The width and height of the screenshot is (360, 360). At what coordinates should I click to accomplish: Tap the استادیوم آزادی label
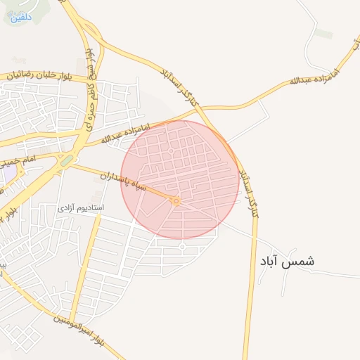(x=81, y=209)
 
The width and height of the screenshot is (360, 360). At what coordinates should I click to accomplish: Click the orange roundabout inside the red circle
(x=175, y=202)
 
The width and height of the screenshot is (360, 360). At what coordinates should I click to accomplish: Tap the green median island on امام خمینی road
(x=67, y=161)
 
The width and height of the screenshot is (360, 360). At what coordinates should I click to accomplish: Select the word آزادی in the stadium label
(x=66, y=209)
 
